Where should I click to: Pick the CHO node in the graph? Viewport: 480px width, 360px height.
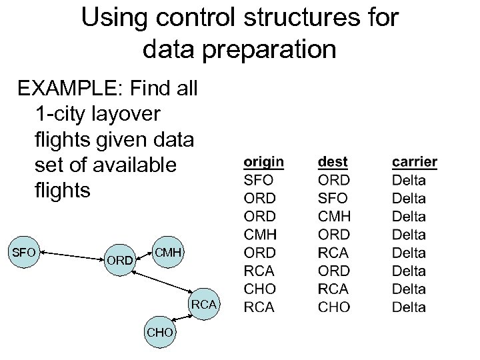[x=161, y=332]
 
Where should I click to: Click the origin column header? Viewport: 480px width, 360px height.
[x=263, y=161]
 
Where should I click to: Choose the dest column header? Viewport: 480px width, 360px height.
[x=333, y=161]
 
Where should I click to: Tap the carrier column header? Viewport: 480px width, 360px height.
[x=414, y=161]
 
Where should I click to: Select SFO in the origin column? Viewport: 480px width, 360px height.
[x=258, y=180]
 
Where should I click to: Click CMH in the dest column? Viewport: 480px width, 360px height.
[x=335, y=216]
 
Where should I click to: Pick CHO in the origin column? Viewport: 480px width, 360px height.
[x=259, y=289]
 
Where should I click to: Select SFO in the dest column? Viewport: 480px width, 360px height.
[x=333, y=198]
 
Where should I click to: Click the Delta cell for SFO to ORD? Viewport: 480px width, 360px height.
[x=409, y=180]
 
